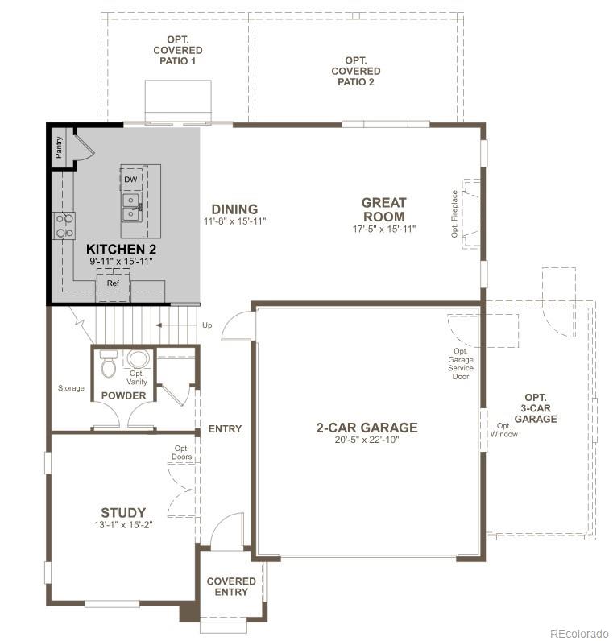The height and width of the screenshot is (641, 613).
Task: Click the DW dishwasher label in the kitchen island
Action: tap(130, 179)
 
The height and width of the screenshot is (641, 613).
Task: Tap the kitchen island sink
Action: tap(130, 206)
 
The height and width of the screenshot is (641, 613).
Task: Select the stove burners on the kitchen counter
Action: tap(64, 225)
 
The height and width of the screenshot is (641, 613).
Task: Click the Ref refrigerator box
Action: tap(112, 284)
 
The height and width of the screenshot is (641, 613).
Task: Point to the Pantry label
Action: tap(59, 147)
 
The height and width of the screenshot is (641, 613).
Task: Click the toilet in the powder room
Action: tap(106, 364)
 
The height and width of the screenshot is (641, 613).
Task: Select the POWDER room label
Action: tap(123, 395)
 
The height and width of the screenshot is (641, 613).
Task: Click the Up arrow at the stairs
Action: tap(207, 325)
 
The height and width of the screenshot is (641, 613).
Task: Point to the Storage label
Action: tap(71, 388)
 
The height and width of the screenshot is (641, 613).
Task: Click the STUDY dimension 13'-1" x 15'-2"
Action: tap(123, 525)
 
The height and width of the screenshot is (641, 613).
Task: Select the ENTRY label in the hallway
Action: tap(225, 428)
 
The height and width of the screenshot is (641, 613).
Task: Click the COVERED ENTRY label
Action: tap(231, 586)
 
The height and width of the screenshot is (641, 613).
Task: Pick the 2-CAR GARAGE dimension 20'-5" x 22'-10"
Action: tap(367, 440)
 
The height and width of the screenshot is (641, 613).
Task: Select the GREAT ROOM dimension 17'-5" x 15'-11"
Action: tap(383, 230)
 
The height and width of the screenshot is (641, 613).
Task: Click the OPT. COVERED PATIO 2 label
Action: tap(355, 71)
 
